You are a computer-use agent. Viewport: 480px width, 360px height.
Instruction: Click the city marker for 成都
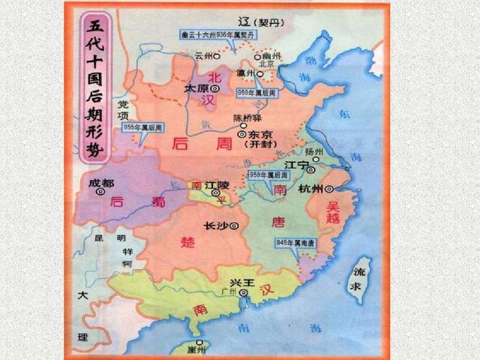coord(100,191)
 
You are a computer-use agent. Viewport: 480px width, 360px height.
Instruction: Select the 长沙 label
coord(215,225)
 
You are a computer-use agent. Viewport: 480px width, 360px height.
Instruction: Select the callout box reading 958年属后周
coord(268,174)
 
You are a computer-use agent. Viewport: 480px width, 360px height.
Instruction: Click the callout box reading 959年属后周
coord(256,92)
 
